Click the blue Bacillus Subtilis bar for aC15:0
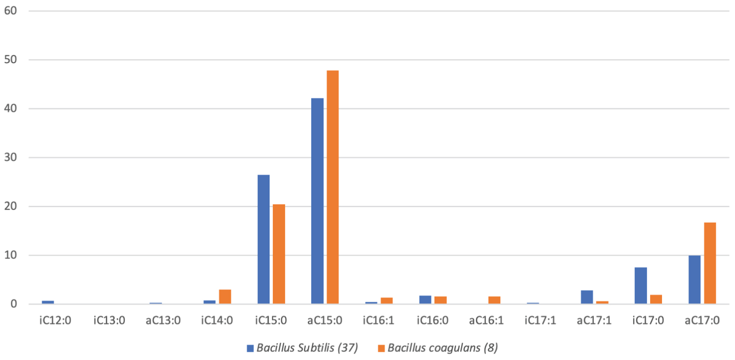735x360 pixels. (317, 201)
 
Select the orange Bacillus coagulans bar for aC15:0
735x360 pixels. (333, 187)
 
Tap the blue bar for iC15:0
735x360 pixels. (263, 240)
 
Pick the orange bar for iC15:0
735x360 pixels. (279, 254)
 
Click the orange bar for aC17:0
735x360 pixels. (710, 264)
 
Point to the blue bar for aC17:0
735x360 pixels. (694, 280)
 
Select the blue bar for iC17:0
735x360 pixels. (640, 286)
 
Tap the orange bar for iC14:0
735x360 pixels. (225, 297)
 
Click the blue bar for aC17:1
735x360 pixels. (587, 297)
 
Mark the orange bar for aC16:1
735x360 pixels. (494, 300)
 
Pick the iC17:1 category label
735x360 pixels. (540, 321)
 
